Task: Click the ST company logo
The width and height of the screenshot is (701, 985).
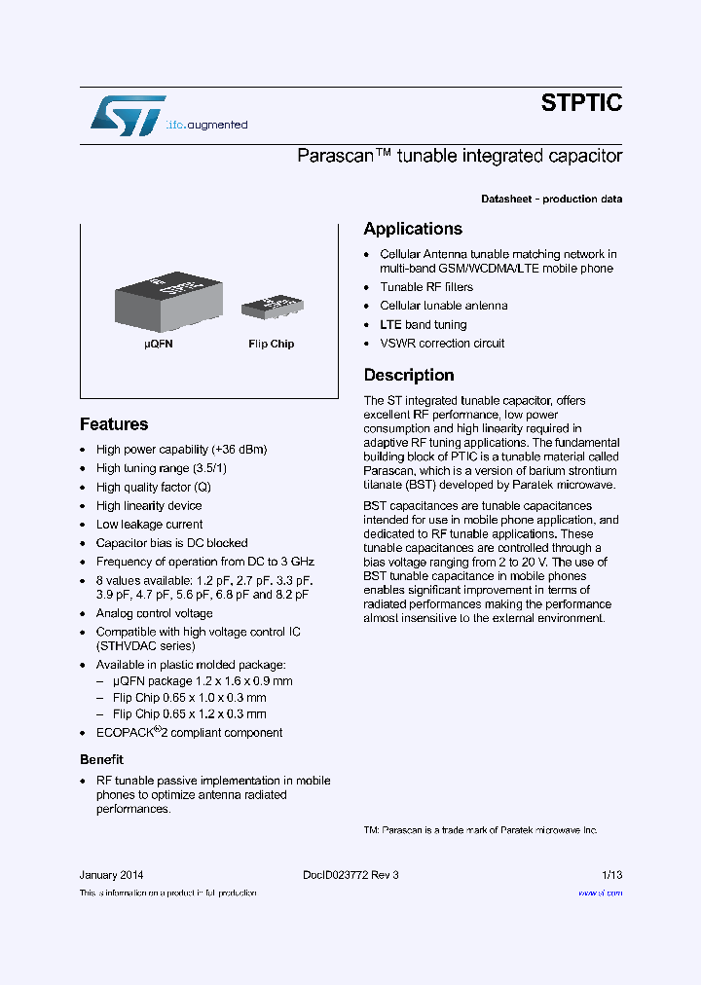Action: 128,115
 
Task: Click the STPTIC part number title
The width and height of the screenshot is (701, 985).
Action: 581,103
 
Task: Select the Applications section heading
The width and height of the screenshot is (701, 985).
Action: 413,229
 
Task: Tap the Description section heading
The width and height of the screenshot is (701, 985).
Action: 409,375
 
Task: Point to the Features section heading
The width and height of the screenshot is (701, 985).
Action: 114,424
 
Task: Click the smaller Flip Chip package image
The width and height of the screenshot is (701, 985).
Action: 271,306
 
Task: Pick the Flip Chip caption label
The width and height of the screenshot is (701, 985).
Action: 271,344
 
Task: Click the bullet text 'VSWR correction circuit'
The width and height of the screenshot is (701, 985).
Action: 442,344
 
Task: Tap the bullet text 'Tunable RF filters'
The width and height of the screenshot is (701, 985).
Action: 426,287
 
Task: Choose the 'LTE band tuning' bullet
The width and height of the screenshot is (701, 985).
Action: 423,325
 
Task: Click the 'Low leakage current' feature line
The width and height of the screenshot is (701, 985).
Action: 149,525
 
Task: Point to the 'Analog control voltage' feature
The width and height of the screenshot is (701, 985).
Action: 154,613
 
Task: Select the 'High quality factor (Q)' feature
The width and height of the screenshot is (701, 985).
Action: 153,488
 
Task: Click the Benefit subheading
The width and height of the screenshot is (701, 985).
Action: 101,759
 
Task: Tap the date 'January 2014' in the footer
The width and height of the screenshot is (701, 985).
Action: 111,875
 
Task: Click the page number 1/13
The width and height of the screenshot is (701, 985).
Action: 611,875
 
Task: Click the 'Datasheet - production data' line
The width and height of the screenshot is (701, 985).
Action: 551,200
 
